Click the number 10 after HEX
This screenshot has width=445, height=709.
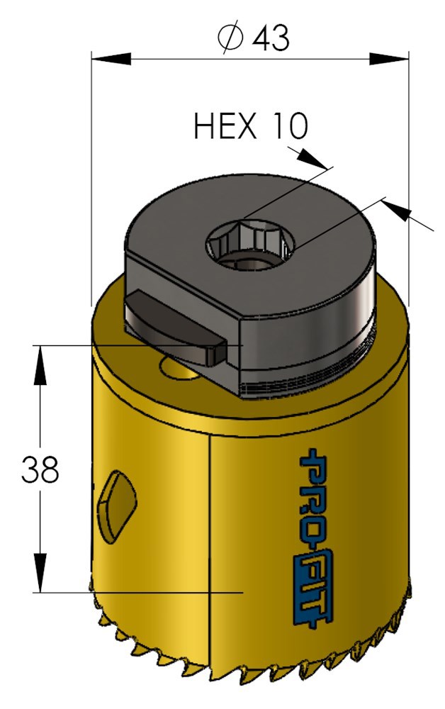tap(287, 127)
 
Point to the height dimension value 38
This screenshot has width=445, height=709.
tap(40, 469)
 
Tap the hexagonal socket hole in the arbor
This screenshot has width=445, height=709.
tap(249, 245)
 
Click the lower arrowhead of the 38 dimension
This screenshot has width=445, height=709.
tap(40, 574)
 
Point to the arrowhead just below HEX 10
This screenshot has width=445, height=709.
tap(312, 158)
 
